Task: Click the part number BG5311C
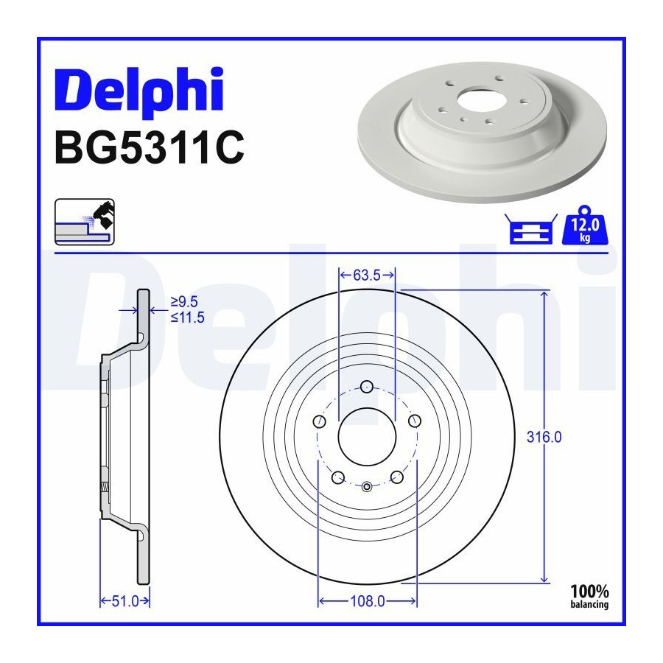point(150,147)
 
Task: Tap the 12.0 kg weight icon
point(585,225)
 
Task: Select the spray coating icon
point(85,222)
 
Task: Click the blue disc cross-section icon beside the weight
point(531,229)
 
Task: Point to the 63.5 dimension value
point(367,276)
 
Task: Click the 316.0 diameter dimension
point(544,437)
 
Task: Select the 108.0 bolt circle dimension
point(368,601)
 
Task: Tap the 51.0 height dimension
point(125,601)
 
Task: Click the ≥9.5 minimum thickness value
point(184,302)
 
